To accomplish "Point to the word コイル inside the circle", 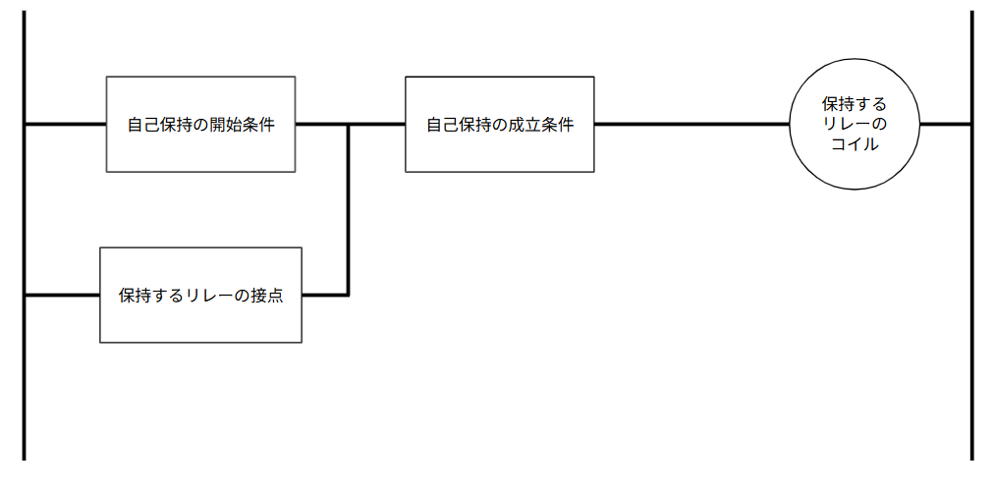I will (854, 144).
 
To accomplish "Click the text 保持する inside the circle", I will (854, 103).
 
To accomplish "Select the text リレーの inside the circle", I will (854, 124).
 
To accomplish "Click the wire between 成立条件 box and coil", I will (692, 125).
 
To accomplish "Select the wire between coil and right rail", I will (945, 125).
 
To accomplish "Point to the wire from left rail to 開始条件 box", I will (64, 125).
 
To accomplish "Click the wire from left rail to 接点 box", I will (61, 294).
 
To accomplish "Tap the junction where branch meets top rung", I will (348, 125).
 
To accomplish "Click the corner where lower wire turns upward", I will (348, 294).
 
